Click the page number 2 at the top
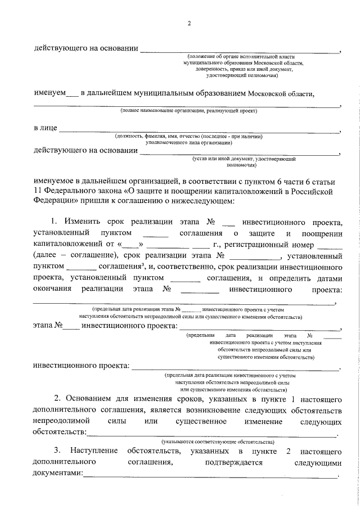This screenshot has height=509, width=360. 190,23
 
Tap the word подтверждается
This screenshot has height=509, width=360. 235,463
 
